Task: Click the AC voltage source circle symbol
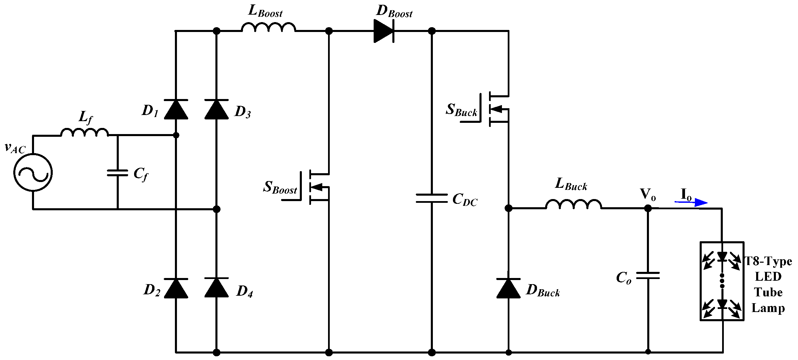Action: click(x=33, y=173)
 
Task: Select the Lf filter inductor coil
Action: click(x=85, y=132)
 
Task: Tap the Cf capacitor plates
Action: click(x=117, y=173)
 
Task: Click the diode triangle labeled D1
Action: click(x=176, y=110)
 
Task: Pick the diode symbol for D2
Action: click(x=176, y=288)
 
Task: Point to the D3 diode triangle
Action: click(x=216, y=110)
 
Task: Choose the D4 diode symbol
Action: click(x=216, y=288)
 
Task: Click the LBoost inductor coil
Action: click(x=268, y=27)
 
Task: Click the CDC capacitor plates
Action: click(x=431, y=198)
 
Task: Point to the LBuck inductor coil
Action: click(x=574, y=204)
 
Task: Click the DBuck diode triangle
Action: click(x=508, y=289)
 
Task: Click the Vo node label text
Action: click(x=648, y=194)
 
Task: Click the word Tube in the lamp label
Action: click(x=768, y=292)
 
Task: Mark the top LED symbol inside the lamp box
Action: click(x=722, y=257)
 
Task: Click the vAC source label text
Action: click(x=15, y=148)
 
